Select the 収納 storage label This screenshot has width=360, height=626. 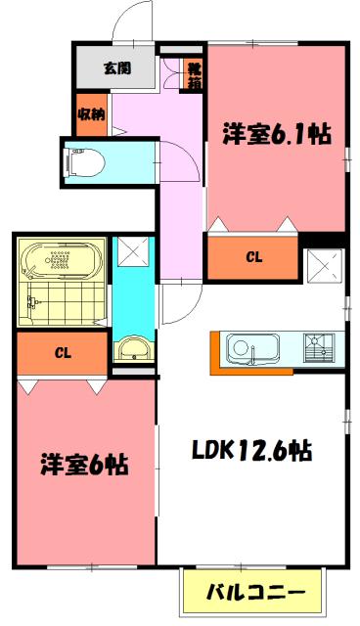91,113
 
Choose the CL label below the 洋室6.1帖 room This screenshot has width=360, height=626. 253,258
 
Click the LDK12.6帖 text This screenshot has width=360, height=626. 251,451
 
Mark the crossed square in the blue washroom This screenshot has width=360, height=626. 130,253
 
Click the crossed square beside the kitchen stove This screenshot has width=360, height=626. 322,267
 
